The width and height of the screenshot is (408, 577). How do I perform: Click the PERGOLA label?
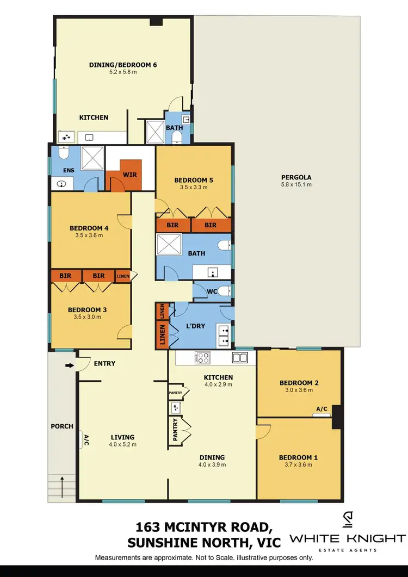coord(296,177)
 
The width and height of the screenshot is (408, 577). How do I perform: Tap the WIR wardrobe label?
coord(130,175)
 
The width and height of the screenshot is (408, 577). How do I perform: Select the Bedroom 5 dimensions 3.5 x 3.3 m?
coord(194,187)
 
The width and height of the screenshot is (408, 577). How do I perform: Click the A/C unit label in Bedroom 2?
coord(321,410)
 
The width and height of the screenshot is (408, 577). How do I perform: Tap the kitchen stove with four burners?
coord(202,358)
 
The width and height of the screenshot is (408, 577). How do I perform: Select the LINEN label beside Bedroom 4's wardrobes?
coord(123,276)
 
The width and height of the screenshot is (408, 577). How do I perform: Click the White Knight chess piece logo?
coord(347,521)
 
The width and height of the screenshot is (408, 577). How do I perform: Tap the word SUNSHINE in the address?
coord(161,543)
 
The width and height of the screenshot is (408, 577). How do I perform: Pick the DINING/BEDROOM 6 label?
coord(123,65)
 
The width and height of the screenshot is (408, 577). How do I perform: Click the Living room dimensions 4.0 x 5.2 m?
coord(123,444)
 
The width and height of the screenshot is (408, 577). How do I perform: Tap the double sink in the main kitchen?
coord(240,357)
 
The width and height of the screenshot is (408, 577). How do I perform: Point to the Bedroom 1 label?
coord(298,457)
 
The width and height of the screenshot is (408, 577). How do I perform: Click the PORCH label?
coord(62,426)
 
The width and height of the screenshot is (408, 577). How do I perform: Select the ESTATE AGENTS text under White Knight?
coord(347,550)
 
